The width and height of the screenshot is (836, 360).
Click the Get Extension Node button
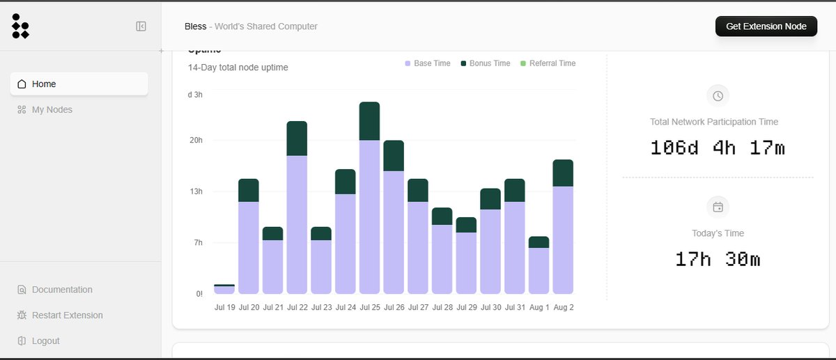pyautogui.click(x=766, y=26)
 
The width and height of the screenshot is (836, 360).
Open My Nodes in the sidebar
pyautogui.click(x=52, y=110)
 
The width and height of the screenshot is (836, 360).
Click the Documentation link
pyautogui.click(x=62, y=290)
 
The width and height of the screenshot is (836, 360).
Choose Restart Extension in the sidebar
pyautogui.click(x=67, y=315)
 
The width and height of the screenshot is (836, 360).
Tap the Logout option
pyautogui.click(x=45, y=341)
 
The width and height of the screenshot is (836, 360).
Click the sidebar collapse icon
pyautogui.click(x=141, y=26)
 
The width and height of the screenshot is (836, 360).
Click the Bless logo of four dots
pyautogui.click(x=20, y=26)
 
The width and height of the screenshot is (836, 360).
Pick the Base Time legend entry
pyautogui.click(x=428, y=63)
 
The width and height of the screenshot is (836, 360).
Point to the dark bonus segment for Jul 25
pyautogui.click(x=369, y=121)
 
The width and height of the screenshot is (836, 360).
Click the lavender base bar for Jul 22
pyautogui.click(x=297, y=223)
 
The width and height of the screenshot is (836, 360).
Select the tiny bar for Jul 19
pyautogui.click(x=224, y=289)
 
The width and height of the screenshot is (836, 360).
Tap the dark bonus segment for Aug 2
pyautogui.click(x=562, y=173)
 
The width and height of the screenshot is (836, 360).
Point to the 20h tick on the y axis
pyautogui.click(x=196, y=140)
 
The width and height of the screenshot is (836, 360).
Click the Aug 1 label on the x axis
pyautogui.click(x=539, y=307)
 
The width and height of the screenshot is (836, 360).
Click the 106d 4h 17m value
pyautogui.click(x=718, y=148)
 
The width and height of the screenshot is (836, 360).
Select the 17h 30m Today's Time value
pyautogui.click(x=718, y=259)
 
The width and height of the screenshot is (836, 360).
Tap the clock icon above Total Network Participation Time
pyautogui.click(x=718, y=96)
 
